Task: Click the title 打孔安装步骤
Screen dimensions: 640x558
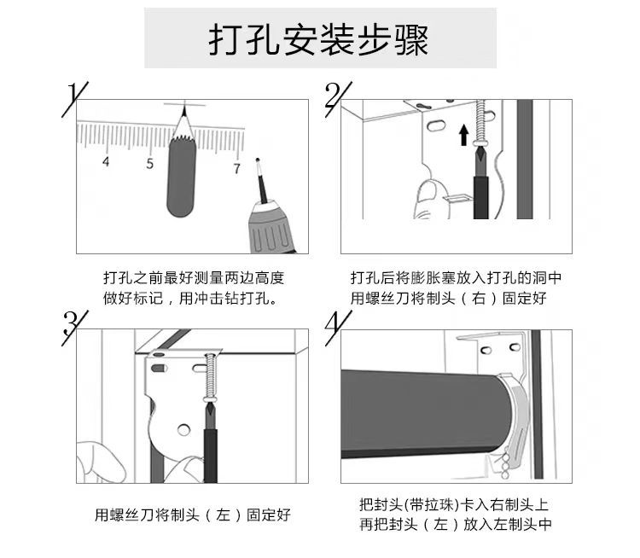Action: pos(319,39)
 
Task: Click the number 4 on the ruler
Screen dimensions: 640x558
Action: pos(105,161)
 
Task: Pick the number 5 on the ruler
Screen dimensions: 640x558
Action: pos(149,163)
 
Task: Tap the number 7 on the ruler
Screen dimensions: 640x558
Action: pos(236,167)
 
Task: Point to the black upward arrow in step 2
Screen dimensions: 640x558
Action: pos(463,135)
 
